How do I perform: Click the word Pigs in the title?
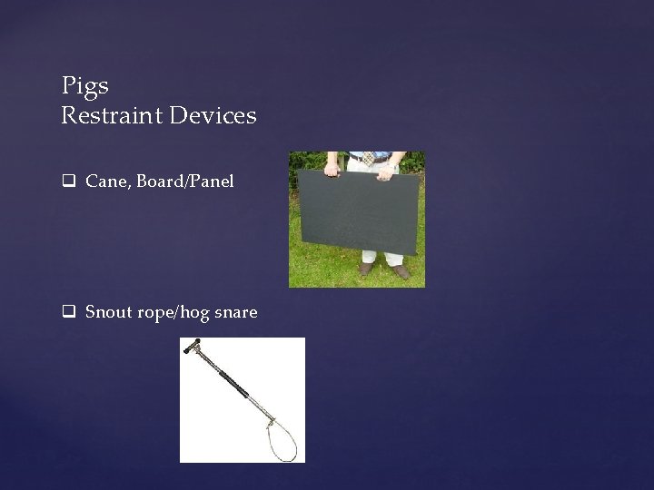[85, 86]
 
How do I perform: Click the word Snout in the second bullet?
[109, 312]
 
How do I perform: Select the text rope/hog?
[173, 312]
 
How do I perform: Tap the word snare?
[234, 312]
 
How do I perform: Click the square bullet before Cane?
[67, 181]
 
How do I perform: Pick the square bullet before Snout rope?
[67, 312]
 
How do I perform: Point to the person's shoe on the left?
[366, 268]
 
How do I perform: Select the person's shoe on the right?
[401, 269]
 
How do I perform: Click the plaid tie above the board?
[369, 161]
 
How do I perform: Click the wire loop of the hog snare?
[276, 439]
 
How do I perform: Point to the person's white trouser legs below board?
[381, 257]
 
